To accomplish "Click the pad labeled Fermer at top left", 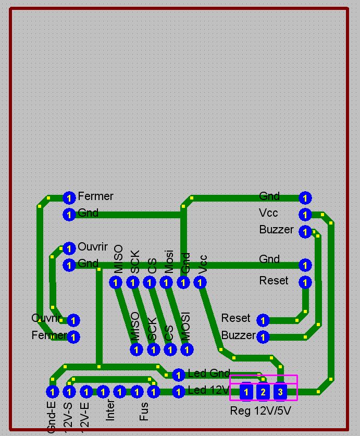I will coord(69,197).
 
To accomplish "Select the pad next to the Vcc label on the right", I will coord(305,215).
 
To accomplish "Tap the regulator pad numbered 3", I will coord(280,392).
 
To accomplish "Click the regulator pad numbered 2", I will coord(263,392).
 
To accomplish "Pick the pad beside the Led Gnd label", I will coord(178,375).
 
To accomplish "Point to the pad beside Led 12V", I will coord(178,391).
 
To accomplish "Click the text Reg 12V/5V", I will coord(260,411).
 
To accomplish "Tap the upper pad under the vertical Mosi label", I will coord(166,282).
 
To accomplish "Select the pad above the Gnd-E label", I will coord(52,391).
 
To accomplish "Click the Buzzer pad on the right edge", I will coord(305,232).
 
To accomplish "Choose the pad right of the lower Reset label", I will coord(263,320).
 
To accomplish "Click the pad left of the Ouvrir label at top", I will coord(69,248).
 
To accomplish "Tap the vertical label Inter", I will coord(110,409).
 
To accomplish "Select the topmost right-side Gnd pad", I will coord(305,198).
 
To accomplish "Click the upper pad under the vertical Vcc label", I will coord(200,282).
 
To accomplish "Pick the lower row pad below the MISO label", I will coord(136,350).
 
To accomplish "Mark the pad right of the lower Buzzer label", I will coord(263,337).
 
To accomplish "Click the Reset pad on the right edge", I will coord(305,282).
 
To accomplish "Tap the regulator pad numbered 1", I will coord(246,392).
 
